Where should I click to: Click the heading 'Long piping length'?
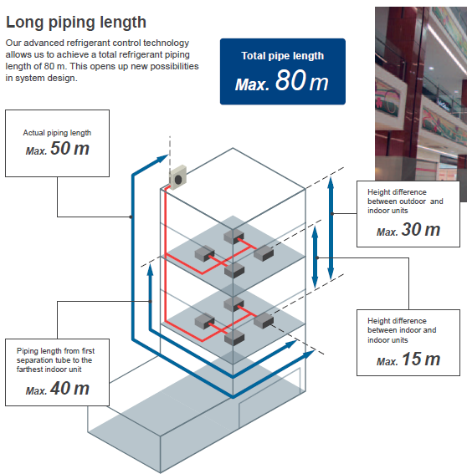pos(76,23)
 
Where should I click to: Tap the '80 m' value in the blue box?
pos(302,80)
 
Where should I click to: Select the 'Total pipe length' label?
pos(282,56)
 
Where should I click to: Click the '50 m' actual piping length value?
pos(70,149)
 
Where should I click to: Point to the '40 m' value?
pos(70,388)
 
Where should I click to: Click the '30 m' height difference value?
pos(421,229)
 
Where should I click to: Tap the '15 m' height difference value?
pos(421,359)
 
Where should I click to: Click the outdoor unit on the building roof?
pos(177,178)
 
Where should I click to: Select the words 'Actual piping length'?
pos(57,133)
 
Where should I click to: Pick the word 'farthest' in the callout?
pos(29,370)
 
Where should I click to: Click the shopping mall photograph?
pos(421,99)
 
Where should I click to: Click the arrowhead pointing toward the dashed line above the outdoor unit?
pos(162,158)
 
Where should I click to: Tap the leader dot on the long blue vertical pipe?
pos(131,217)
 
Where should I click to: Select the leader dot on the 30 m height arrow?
pos(332,213)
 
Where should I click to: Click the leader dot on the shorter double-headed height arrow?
pos(317,257)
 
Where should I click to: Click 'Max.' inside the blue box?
pos(252,84)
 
